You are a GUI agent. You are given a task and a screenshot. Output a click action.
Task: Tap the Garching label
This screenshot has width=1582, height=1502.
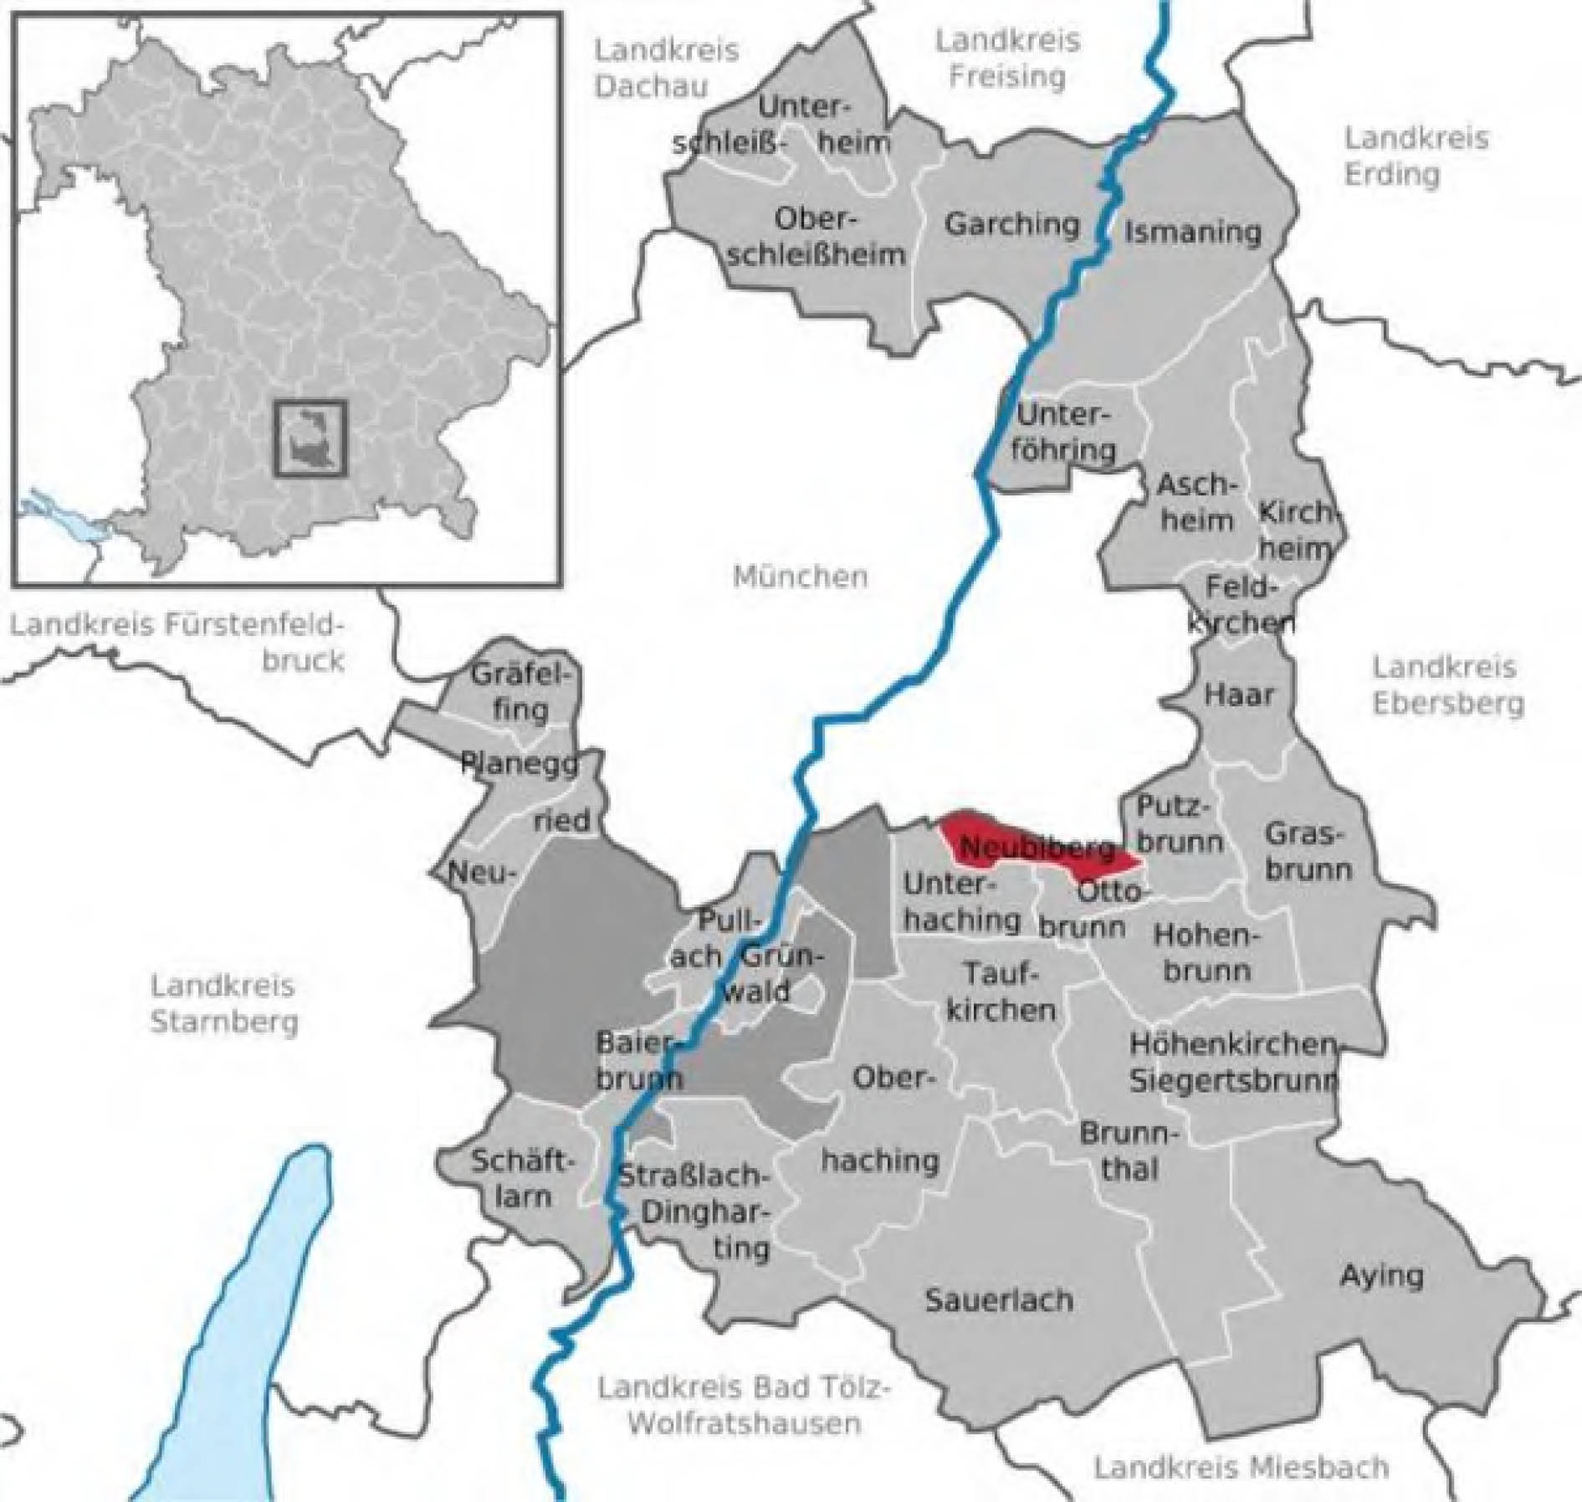(x=1011, y=224)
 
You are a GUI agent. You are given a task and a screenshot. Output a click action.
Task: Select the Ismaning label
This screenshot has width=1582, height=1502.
(x=1192, y=232)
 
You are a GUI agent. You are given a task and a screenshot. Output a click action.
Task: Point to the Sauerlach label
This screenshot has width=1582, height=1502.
(x=998, y=1300)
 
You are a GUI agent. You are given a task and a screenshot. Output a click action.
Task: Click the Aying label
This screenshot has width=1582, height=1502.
(x=1381, y=1275)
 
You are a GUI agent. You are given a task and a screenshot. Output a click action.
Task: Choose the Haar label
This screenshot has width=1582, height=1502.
(x=1239, y=694)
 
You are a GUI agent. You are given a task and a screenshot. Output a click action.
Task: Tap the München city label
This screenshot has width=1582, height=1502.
(x=800, y=577)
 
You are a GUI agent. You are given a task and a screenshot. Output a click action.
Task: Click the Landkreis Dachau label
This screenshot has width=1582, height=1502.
(x=666, y=68)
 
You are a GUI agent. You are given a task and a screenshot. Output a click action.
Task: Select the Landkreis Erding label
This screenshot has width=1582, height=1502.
(x=1416, y=156)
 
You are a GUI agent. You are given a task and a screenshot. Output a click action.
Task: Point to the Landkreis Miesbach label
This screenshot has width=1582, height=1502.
(x=1242, y=1467)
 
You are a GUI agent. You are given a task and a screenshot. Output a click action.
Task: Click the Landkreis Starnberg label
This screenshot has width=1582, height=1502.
(x=223, y=1003)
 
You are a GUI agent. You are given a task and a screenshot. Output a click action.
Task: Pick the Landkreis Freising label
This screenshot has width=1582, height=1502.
(x=1007, y=58)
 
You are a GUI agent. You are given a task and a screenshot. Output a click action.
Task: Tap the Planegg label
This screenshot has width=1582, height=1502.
(x=519, y=762)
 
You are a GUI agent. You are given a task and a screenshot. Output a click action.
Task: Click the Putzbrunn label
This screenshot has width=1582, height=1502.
(x=1179, y=824)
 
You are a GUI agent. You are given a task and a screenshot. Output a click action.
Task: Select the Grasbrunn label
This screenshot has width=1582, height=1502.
(x=1308, y=851)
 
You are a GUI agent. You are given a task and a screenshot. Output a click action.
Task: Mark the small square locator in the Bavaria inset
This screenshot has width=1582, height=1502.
(x=310, y=438)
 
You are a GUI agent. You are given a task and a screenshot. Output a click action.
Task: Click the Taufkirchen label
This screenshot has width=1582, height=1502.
(x=1001, y=992)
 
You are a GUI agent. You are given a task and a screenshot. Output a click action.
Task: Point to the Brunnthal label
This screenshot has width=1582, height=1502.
(x=1129, y=1151)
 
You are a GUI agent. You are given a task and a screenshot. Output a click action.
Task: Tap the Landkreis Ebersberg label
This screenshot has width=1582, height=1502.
(x=1447, y=685)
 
